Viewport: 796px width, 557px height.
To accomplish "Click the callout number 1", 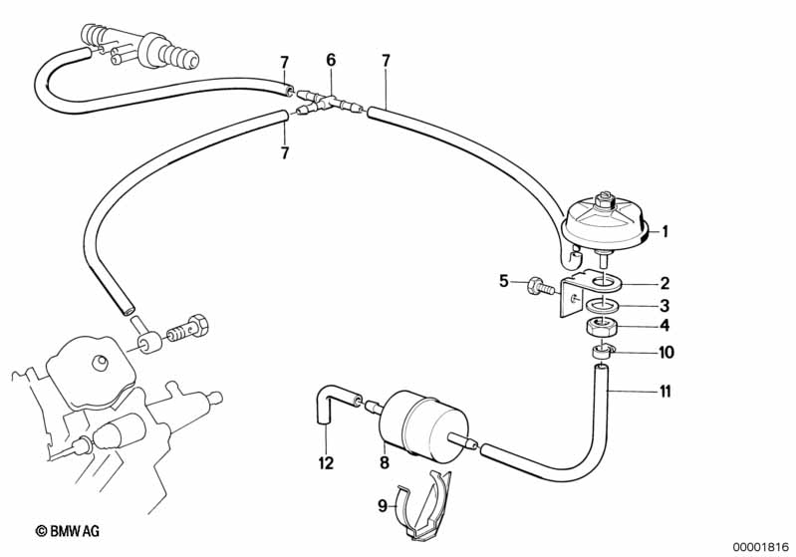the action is tap(664, 231).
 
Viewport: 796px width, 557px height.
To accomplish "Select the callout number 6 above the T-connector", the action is tap(331, 60).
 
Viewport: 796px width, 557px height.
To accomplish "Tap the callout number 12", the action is tap(326, 462).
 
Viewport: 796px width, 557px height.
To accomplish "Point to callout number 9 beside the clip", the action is tap(383, 506).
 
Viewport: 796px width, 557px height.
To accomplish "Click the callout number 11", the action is tap(664, 392).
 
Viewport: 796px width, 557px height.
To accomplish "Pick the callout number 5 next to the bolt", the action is tap(503, 280).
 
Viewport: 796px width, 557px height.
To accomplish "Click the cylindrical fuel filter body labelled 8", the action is tap(423, 425).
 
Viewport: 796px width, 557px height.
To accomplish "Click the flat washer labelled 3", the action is tap(600, 306).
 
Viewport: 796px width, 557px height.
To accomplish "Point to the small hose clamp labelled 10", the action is tap(602, 351).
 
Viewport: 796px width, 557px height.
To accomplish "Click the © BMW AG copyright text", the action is tap(67, 531).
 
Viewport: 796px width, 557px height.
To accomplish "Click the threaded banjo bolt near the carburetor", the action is tap(186, 329).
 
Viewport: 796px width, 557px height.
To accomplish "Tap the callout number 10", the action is tap(665, 352).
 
